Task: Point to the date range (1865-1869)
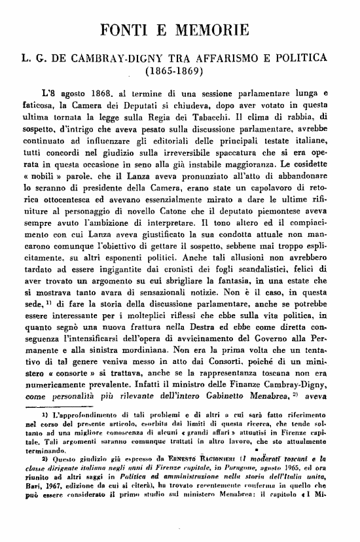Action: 178,69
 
